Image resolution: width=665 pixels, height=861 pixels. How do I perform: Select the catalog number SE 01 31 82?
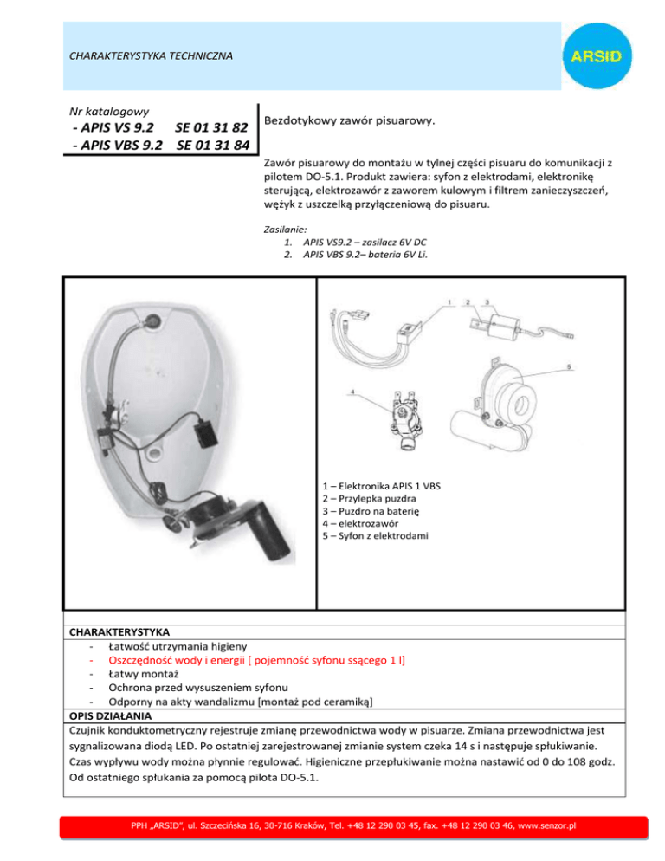213,129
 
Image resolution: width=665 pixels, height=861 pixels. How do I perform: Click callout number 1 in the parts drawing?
449,302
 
